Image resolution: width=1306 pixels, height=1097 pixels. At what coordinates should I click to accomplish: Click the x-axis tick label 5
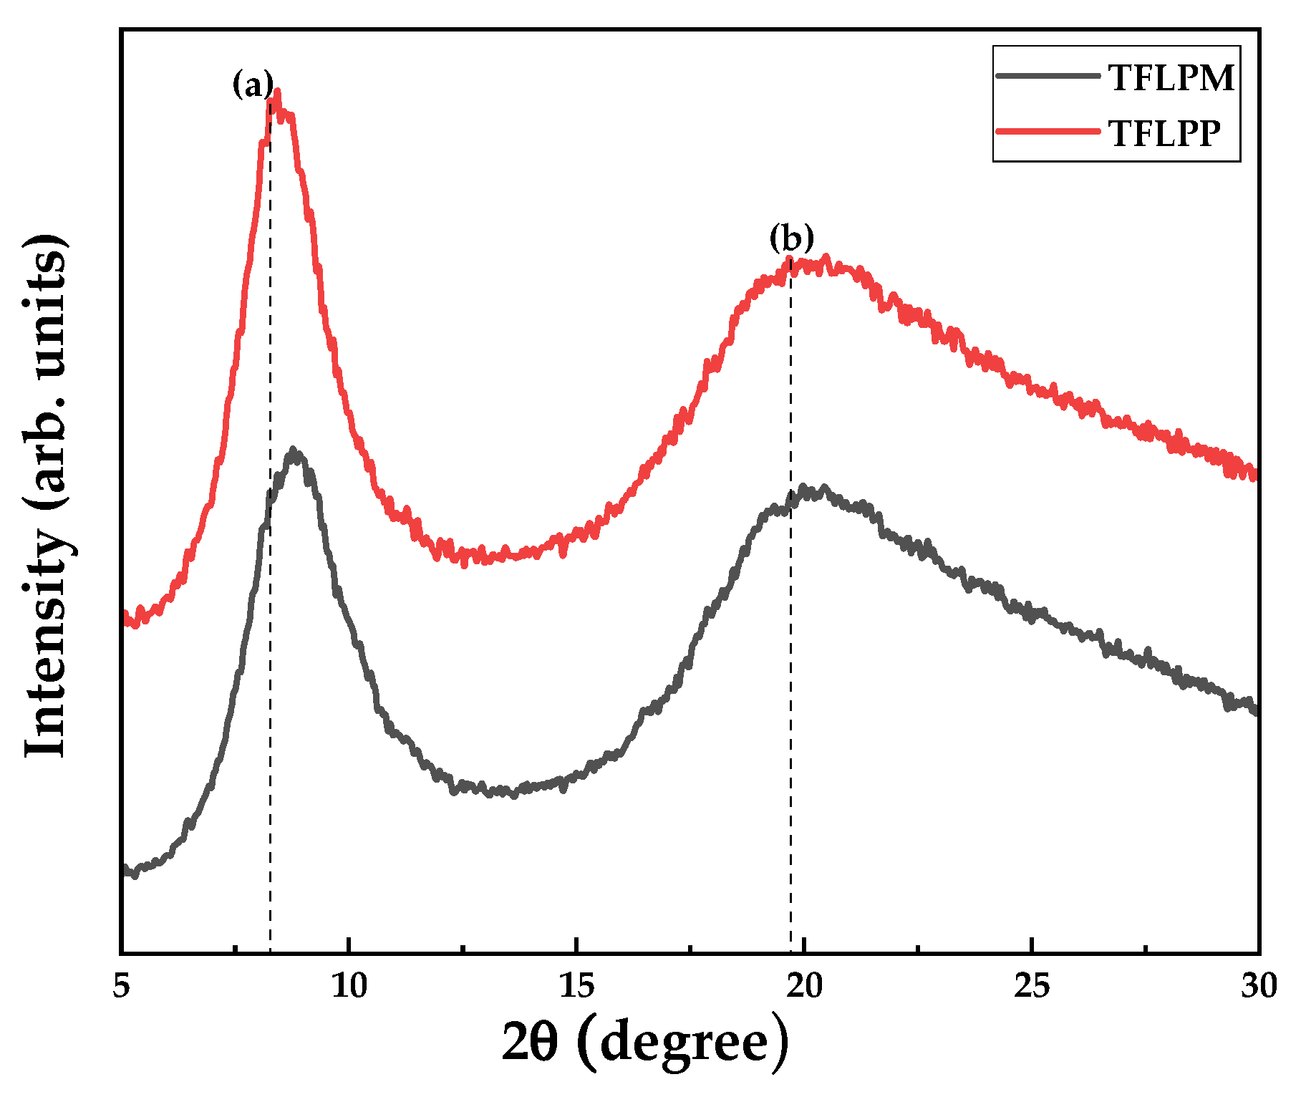coord(122,987)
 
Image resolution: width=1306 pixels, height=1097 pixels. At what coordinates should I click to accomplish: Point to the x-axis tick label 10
coord(349,987)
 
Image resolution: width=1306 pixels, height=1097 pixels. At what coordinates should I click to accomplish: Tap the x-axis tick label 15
coord(576,987)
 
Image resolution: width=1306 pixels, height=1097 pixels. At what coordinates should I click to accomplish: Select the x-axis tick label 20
coord(804,987)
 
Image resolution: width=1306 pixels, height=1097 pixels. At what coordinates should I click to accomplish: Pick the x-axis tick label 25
coord(1032,987)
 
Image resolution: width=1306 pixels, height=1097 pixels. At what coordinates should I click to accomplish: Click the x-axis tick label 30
coord(1259,987)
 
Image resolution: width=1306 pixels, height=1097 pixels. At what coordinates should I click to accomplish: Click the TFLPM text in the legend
coord(1171,77)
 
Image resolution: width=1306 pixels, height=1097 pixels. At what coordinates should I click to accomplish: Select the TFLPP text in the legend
coord(1164,133)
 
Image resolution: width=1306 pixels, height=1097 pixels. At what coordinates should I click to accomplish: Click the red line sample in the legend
coord(1047,131)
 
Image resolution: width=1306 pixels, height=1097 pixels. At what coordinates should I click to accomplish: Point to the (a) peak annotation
coord(252,84)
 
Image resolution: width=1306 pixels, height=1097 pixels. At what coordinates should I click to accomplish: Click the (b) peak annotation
coord(791,238)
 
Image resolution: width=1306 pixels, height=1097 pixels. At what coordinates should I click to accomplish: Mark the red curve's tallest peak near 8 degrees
coord(277,92)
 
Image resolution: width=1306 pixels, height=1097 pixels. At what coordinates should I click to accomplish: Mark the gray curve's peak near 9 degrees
coord(294,451)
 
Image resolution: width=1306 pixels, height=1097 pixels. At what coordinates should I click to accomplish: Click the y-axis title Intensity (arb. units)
coord(46,494)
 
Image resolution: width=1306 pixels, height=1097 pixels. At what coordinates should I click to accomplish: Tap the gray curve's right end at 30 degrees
coord(1254,709)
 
